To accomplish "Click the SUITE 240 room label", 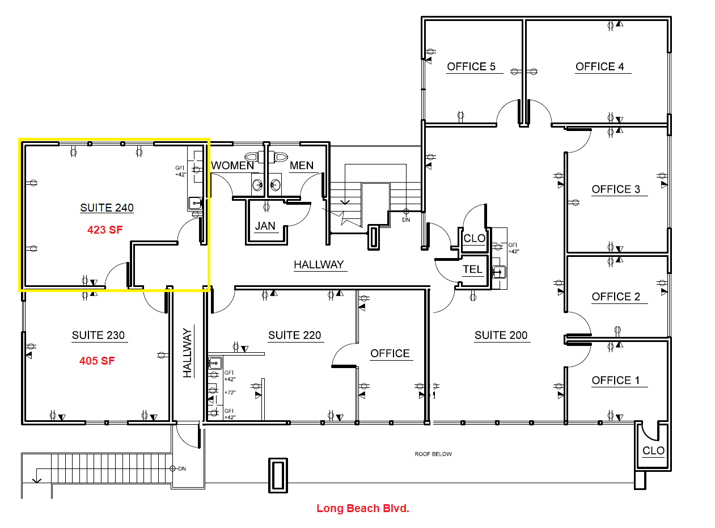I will pyautogui.click(x=107, y=208).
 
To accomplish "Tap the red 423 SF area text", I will pyautogui.click(x=105, y=230).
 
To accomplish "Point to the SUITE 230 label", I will pyautogui.click(x=98, y=335).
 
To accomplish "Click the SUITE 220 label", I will pyautogui.click(x=294, y=335).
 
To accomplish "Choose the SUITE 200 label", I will pyautogui.click(x=501, y=335).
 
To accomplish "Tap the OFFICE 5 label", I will pyautogui.click(x=471, y=66).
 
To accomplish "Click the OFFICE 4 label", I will pyautogui.click(x=599, y=66).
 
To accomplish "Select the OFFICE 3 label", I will pyautogui.click(x=616, y=189).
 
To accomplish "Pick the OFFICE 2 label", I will pyautogui.click(x=616, y=296).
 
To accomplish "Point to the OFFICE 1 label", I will pyautogui.click(x=616, y=380).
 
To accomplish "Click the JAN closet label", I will pyautogui.click(x=265, y=226).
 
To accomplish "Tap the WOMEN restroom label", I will pyautogui.click(x=232, y=166).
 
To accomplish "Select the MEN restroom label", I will pyautogui.click(x=301, y=166).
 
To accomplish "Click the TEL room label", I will pyautogui.click(x=472, y=269).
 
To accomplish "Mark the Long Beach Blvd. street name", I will pyautogui.click(x=362, y=508).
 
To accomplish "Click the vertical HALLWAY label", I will pyautogui.click(x=188, y=353).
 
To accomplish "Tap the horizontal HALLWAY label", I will pyautogui.click(x=319, y=264).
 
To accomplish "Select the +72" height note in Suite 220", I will pyautogui.click(x=229, y=392).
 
